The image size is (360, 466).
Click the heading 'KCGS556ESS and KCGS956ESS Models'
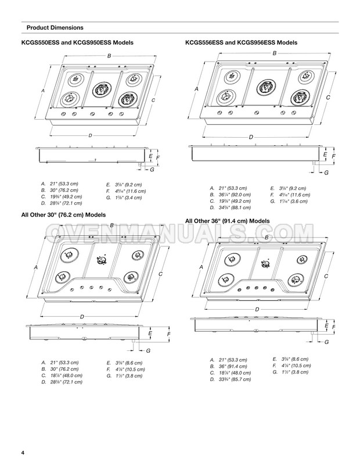241,43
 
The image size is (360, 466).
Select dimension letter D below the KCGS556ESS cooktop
250,137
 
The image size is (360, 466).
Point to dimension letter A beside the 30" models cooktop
37,267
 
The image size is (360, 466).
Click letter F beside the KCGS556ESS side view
333,155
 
